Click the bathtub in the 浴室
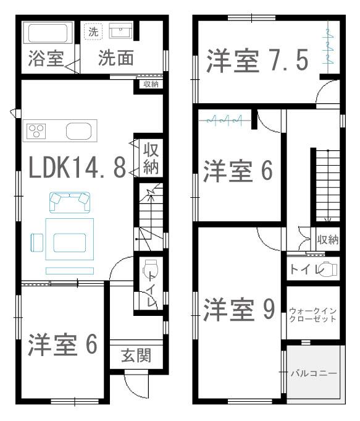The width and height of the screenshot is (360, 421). click(48, 33)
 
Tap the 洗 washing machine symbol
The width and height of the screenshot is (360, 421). click(93, 32)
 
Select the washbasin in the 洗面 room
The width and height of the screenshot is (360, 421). click(120, 31)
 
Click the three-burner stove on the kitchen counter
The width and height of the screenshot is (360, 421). click(36, 131)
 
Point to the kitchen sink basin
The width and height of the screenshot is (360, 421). click(79, 131)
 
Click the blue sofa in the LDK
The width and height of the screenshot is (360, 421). click(70, 202)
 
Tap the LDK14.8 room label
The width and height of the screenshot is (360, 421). click(77, 168)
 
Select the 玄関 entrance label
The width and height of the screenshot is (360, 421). click(136, 355)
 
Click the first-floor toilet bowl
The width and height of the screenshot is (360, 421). click(150, 267)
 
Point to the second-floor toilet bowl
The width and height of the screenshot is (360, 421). click(329, 269)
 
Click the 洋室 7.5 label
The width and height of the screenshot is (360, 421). click(257, 61)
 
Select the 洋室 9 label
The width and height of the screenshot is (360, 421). click(239, 310)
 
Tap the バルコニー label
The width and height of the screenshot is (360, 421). click(314, 373)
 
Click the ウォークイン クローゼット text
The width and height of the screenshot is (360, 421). click(313, 315)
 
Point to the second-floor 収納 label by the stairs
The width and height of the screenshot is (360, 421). click(328, 239)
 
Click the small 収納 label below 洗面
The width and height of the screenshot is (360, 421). click(151, 84)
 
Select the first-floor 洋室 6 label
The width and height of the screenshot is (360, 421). click(62, 345)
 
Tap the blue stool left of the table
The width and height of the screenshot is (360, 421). click(37, 243)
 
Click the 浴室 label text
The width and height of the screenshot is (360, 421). click(46, 58)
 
